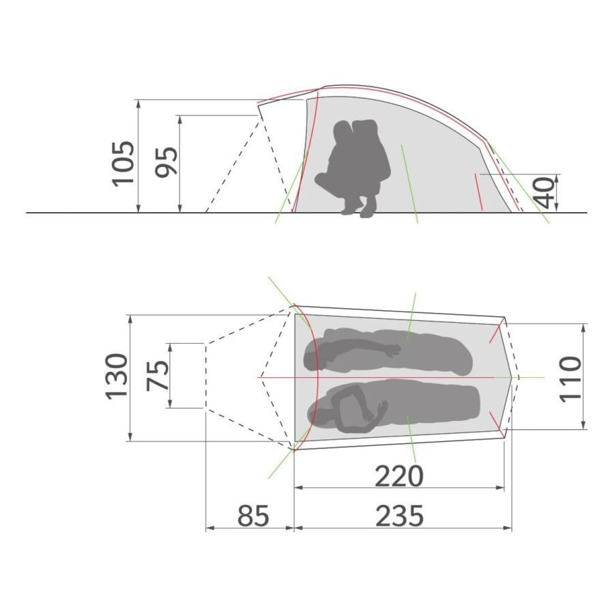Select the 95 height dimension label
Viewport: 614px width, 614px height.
coord(166,162)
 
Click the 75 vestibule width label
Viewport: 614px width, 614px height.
coord(158,376)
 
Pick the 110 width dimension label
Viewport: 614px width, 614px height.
coord(570,379)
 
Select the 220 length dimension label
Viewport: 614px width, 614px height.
coord(399,476)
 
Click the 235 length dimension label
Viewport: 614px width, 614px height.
coord(399,516)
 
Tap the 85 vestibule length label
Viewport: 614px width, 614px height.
coord(253,516)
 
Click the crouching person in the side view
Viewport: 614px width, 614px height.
coord(353,169)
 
